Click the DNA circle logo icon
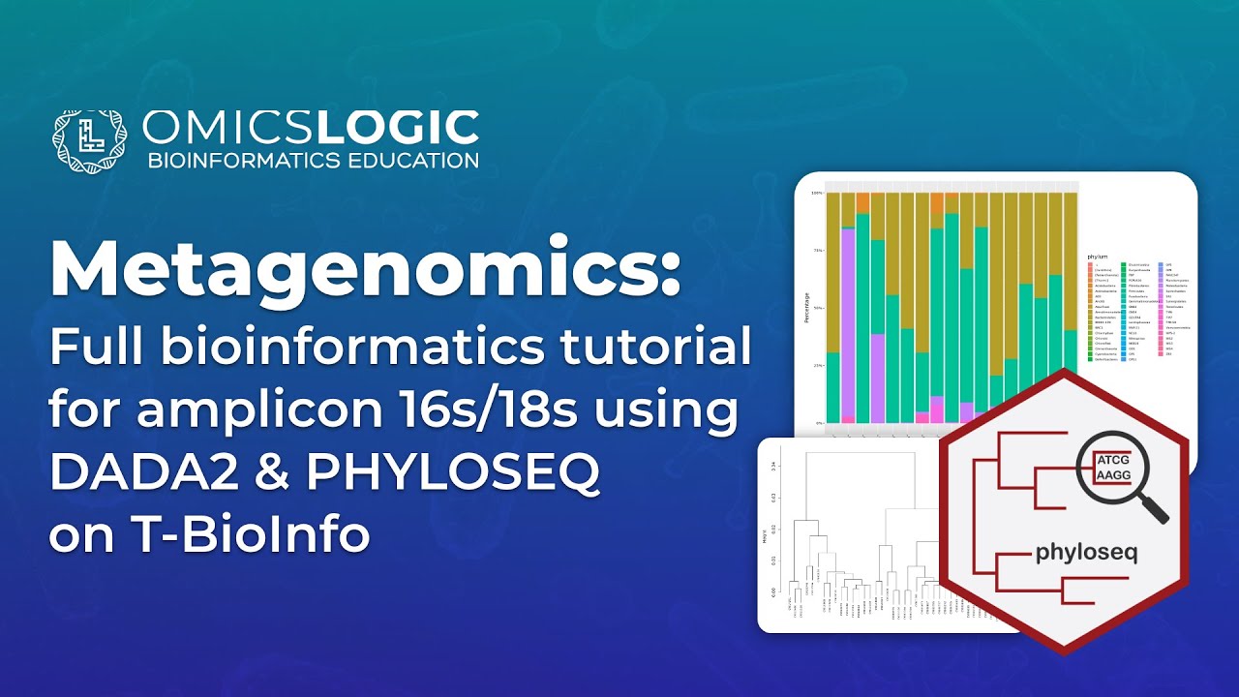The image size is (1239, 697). pyautogui.click(x=89, y=139)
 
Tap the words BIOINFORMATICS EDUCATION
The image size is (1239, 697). pyautogui.click(x=312, y=160)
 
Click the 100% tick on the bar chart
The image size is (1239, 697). pyautogui.click(x=817, y=193)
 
